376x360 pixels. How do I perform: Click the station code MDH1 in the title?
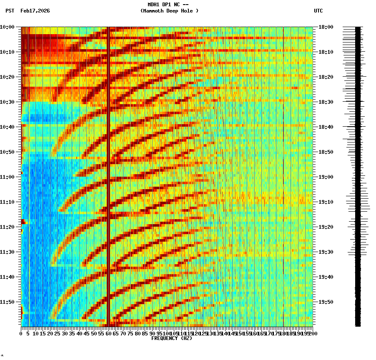coord(153,5)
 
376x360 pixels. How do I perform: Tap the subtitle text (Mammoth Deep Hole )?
coord(170,11)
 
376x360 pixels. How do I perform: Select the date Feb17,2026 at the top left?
coord(35,11)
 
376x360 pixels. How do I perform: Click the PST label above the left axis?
coord(10,11)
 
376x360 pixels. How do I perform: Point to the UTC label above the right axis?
coord(318,11)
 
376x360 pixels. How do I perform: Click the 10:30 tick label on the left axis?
coord(7,102)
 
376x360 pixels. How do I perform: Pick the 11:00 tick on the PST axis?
coord(7,177)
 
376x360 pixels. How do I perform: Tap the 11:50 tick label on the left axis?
coord(7,302)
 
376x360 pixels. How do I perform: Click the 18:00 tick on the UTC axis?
coord(326,27)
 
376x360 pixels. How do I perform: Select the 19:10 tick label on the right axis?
coord(326,202)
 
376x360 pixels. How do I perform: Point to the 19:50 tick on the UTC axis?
coord(326,302)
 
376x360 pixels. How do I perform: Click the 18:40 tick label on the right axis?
coord(326,127)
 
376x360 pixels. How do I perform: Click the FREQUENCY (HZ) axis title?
coord(172,338)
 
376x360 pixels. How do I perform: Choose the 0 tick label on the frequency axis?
coord(21,334)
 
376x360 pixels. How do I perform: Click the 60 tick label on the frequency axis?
coord(108,334)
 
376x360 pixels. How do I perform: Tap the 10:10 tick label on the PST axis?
coord(7,52)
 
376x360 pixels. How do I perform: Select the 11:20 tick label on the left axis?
coord(7,227)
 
